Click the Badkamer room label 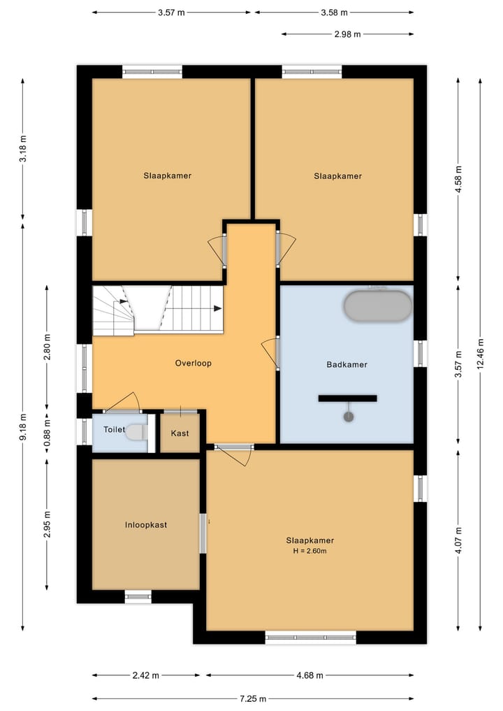pyautogui.click(x=347, y=364)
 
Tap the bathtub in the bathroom pyautogui.click(x=378, y=306)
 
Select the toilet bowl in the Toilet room pyautogui.click(x=136, y=432)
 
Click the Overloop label pyautogui.click(x=193, y=364)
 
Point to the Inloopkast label pyautogui.click(x=146, y=525)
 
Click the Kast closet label pyautogui.click(x=180, y=433)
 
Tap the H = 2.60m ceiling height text pyautogui.click(x=310, y=552)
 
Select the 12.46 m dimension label pyautogui.click(x=481, y=354)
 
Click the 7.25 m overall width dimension pyautogui.click(x=253, y=698)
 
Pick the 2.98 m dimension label pyautogui.click(x=348, y=34)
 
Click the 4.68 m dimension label pyautogui.click(x=310, y=675)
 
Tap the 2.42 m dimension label pyautogui.click(x=146, y=675)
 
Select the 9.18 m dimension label pyautogui.click(x=24, y=426)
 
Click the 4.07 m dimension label pyautogui.click(x=458, y=540)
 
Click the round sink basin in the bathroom pyautogui.click(x=349, y=417)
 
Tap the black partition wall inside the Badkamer pyautogui.click(x=348, y=398)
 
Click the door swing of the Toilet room pyautogui.click(x=122, y=401)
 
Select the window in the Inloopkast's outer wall pyautogui.click(x=138, y=596)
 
